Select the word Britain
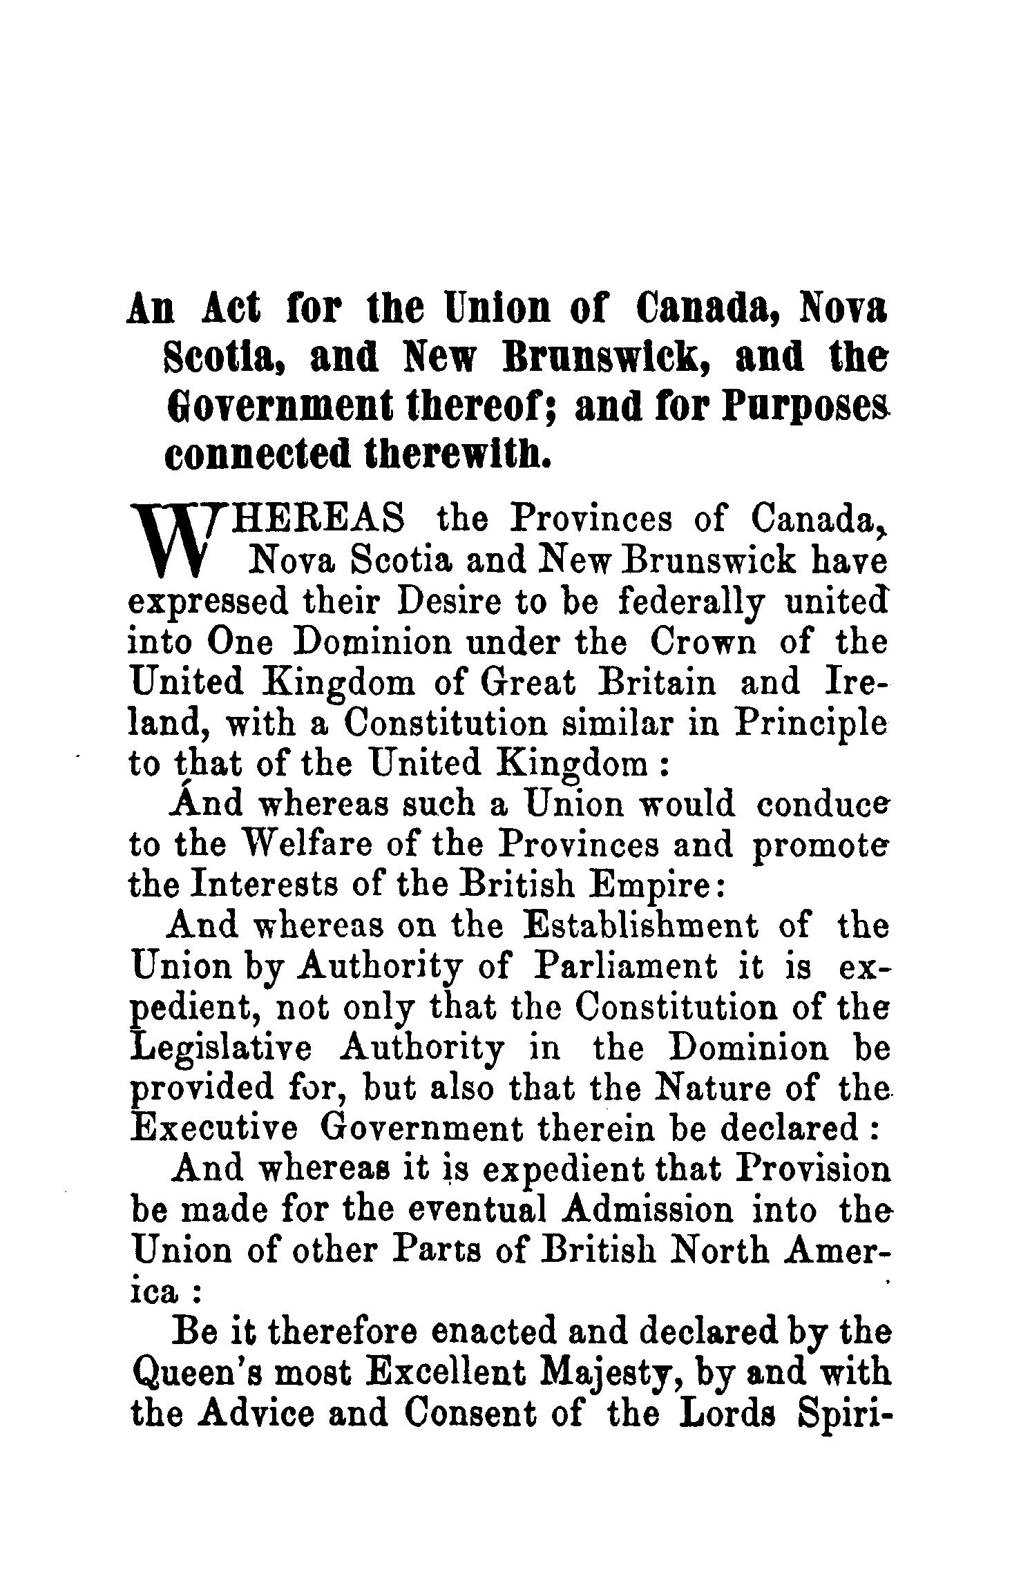coord(658,684)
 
